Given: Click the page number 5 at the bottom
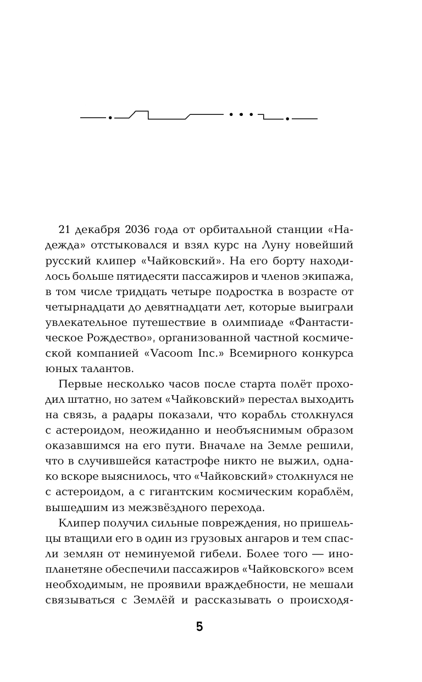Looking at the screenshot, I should pyautogui.click(x=199, y=626).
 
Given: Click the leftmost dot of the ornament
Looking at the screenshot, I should pyautogui.click(x=110, y=118).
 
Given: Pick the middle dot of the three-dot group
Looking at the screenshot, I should pyautogui.click(x=241, y=114).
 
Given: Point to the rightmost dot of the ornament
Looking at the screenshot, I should pyautogui.click(x=287, y=119).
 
